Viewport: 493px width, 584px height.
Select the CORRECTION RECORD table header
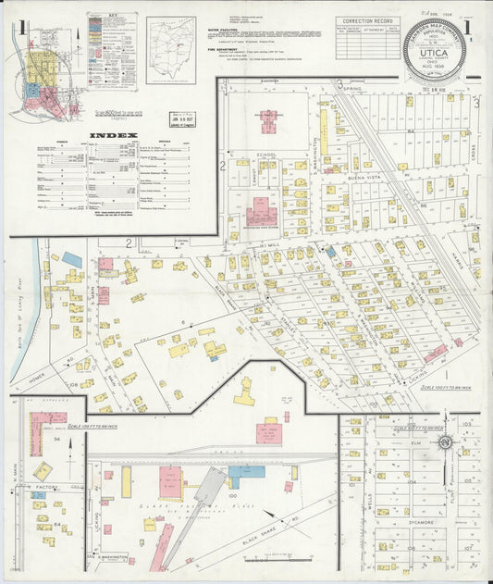tap(367, 20)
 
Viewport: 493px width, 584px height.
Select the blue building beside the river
tap(72, 260)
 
